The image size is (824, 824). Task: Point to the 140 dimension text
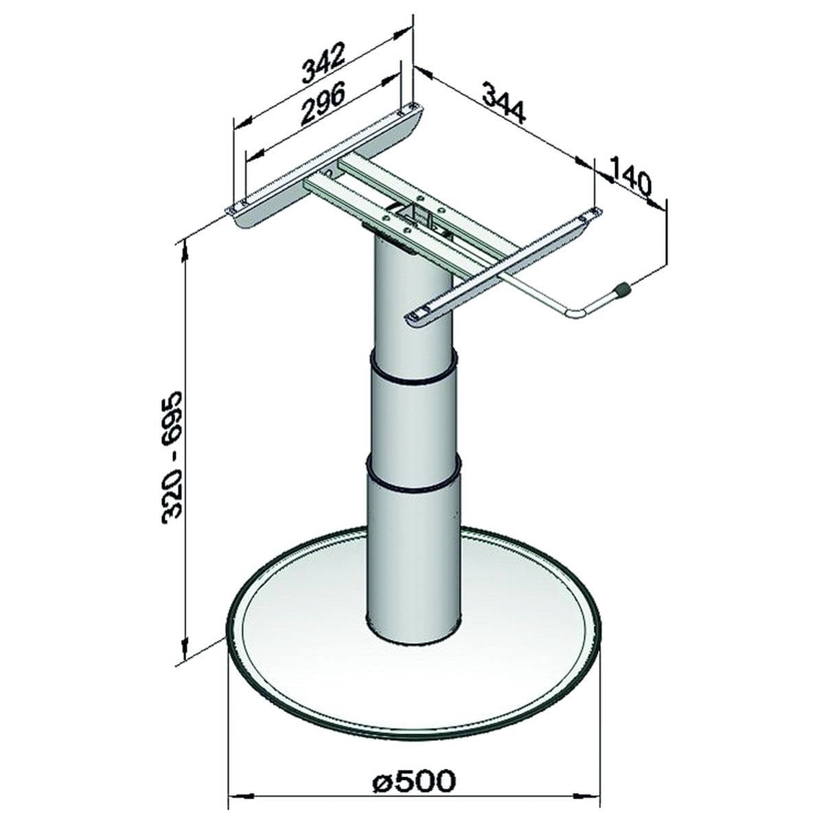pos(632,180)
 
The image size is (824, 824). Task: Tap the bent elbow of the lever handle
pos(575,313)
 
